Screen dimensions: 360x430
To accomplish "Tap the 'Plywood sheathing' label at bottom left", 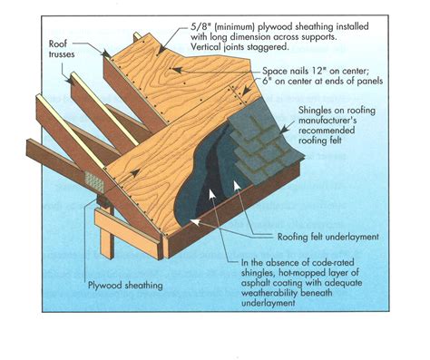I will tap(126, 285).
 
